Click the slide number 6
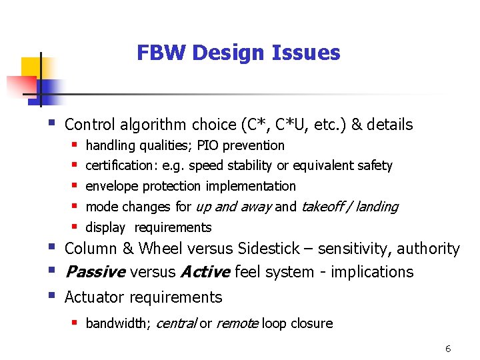pyautogui.click(x=448, y=349)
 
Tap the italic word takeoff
pyautogui.click(x=323, y=207)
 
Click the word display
pyautogui.click(x=105, y=227)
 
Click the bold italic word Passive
pyautogui.click(x=95, y=272)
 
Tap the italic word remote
pyautogui.click(x=237, y=323)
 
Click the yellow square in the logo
pyautogui.click(x=32, y=67)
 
